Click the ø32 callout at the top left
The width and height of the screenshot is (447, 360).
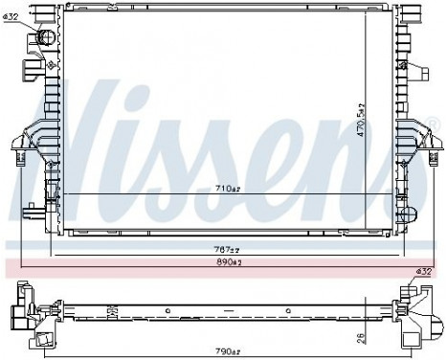11,17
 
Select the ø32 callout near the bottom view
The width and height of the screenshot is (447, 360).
425,274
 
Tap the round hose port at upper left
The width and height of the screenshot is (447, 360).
44,38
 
